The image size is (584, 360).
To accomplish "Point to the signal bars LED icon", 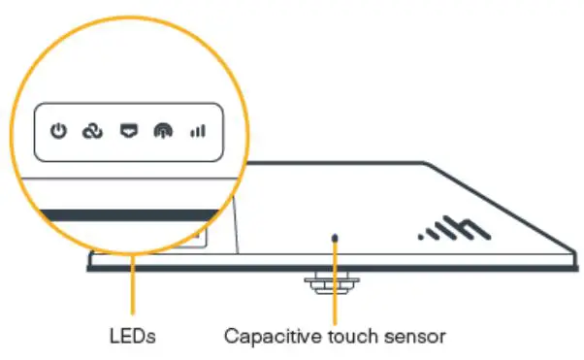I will tap(197, 130).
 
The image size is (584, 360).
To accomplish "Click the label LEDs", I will tap(132, 337).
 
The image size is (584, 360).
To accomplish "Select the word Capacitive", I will tap(266, 337).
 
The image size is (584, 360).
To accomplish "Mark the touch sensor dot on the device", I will tap(336, 236).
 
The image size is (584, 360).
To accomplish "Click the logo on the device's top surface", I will tap(449, 230).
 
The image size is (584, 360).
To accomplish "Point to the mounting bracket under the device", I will tap(326, 281).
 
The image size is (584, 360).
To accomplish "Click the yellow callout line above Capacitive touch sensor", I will tap(336, 291).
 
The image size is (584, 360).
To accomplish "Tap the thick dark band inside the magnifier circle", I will tap(126, 213).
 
